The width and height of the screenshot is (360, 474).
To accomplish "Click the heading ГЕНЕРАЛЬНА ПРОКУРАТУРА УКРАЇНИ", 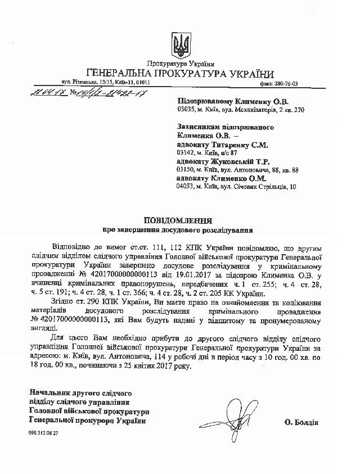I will [180, 74].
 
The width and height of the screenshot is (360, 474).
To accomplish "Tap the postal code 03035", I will [185, 110].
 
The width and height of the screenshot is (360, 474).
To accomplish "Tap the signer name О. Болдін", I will [301, 421].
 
